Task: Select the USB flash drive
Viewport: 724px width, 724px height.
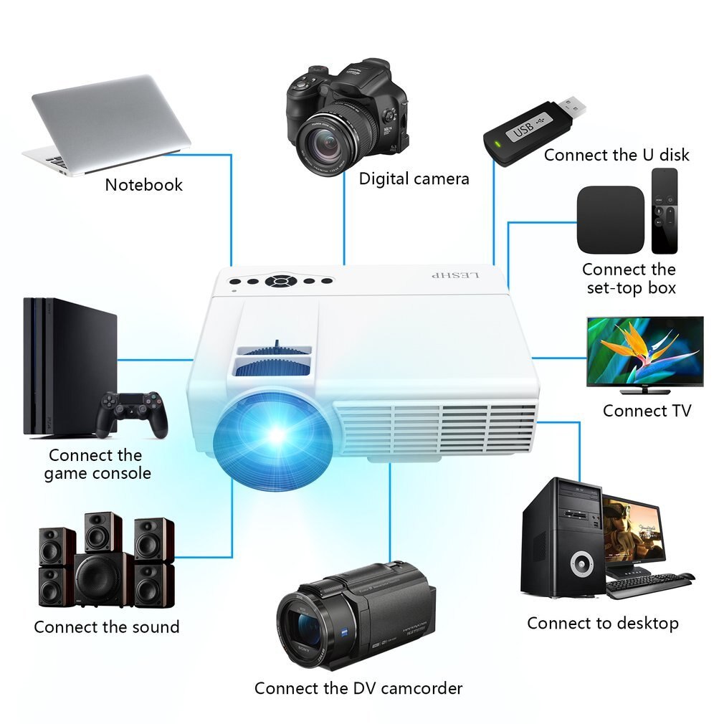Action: click(x=534, y=129)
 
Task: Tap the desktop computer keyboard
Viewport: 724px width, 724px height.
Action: click(x=645, y=584)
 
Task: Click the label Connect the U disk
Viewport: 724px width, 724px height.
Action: click(x=616, y=155)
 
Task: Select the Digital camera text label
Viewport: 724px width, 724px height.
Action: click(x=414, y=178)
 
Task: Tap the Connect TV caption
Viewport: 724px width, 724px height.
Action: click(x=647, y=411)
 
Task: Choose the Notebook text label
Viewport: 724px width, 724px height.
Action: click(x=143, y=184)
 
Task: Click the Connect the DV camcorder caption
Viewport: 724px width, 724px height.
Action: click(x=358, y=688)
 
